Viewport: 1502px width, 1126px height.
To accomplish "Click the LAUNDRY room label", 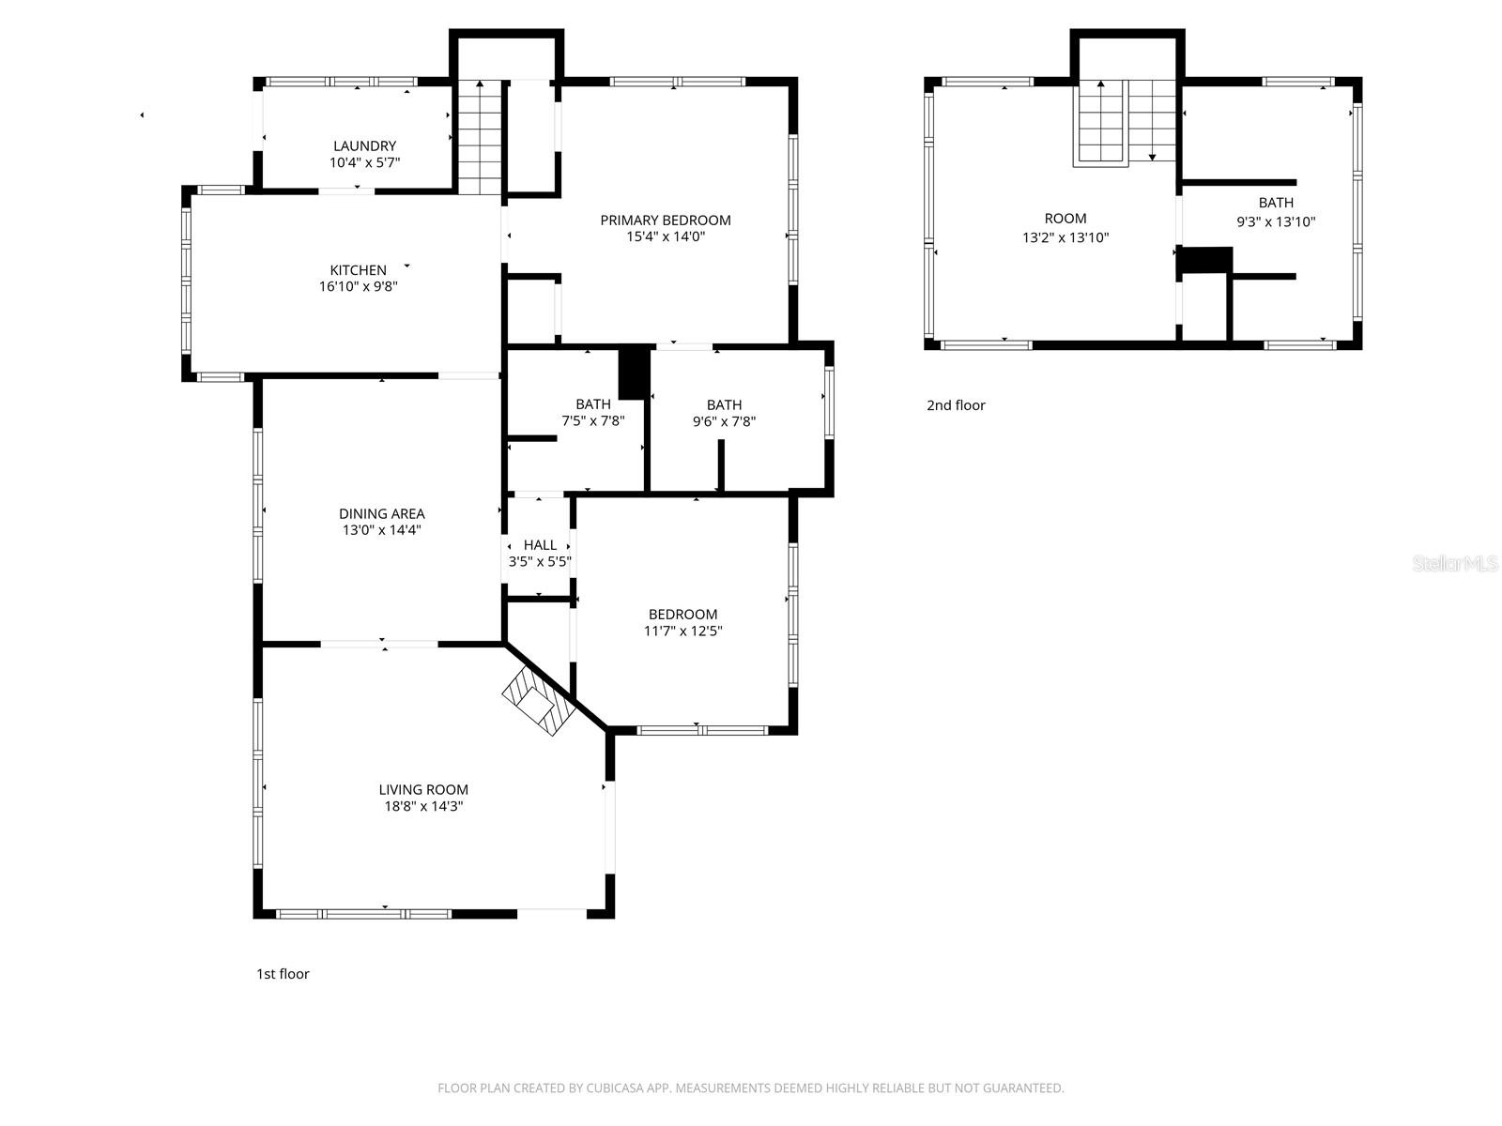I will pyautogui.click(x=364, y=145).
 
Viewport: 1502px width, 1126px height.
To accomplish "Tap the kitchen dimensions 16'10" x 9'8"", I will pyautogui.click(x=358, y=287).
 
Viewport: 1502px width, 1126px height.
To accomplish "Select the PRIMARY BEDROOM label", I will pyautogui.click(x=665, y=220).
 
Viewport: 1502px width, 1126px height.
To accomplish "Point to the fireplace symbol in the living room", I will pyautogui.click(x=537, y=704).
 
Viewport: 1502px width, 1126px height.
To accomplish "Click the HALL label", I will pyautogui.click(x=540, y=544).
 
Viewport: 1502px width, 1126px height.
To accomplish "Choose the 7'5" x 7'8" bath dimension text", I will pyautogui.click(x=592, y=421).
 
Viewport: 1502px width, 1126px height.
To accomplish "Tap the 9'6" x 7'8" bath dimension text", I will pyautogui.click(x=724, y=421).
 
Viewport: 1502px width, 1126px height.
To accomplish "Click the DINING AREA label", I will pyautogui.click(x=381, y=513).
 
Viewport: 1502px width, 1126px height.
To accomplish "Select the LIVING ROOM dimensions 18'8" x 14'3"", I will pyautogui.click(x=423, y=806).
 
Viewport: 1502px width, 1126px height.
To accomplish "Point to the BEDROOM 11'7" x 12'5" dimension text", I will pyautogui.click(x=682, y=631).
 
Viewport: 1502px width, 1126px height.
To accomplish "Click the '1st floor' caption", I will pyautogui.click(x=283, y=974).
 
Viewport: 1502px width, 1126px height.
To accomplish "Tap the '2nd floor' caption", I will pyautogui.click(x=956, y=405).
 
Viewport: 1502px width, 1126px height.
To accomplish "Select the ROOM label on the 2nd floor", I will pyautogui.click(x=1065, y=219).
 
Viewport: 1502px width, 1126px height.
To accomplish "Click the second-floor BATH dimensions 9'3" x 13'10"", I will pyautogui.click(x=1276, y=222).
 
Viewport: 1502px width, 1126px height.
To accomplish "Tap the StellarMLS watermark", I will pyautogui.click(x=1454, y=563).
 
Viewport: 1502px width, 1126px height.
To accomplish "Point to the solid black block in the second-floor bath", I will pyautogui.click(x=1205, y=261).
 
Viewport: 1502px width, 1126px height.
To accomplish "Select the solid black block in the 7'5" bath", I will pyautogui.click(x=635, y=373).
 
